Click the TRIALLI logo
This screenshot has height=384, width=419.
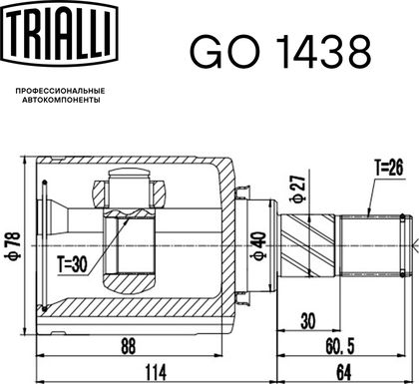pos(60,32)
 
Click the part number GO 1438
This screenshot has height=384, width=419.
pos(280,52)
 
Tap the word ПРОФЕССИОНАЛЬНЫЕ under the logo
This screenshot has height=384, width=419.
pos(60,91)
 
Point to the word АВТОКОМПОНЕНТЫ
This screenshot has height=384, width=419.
pos(61,100)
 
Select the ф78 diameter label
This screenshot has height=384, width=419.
pos(15,245)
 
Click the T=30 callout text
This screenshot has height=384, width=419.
pos(72,264)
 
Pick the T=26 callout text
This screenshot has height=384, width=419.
pos(389,168)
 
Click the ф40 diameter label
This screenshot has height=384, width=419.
pos(259,246)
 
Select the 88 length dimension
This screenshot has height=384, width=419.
pos(129,345)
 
